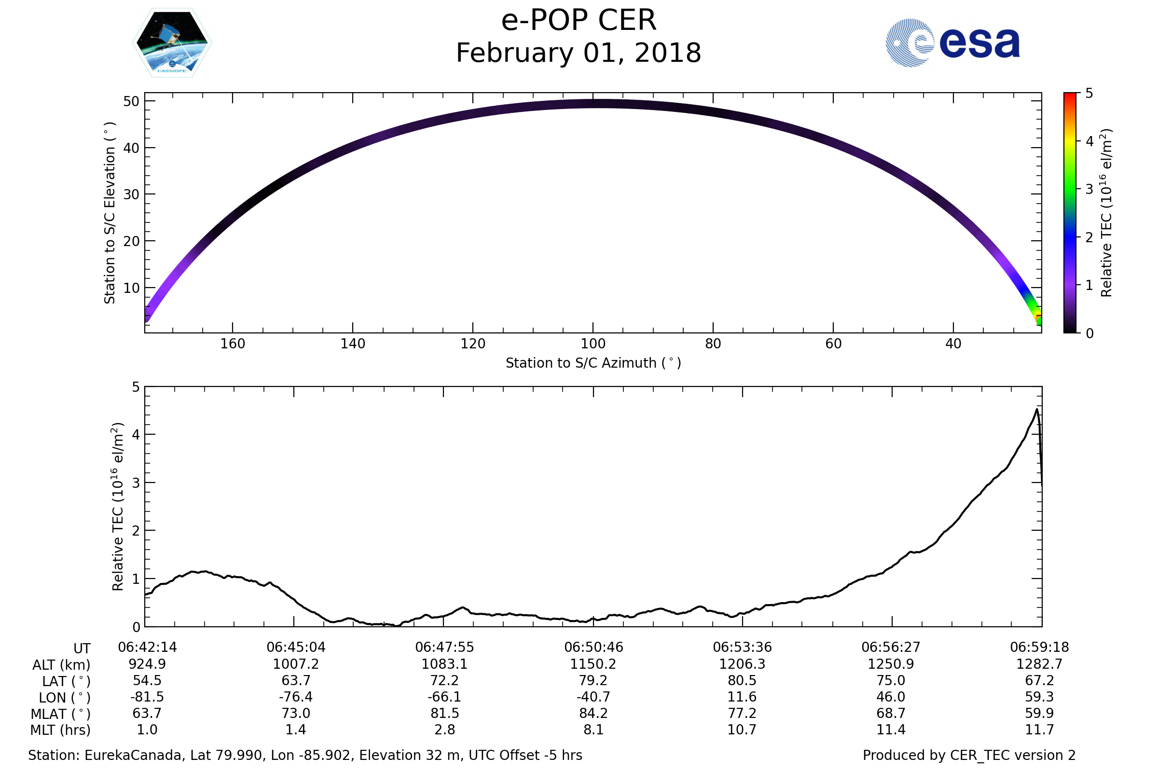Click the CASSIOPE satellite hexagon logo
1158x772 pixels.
coord(172,43)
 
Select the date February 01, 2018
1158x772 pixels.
coord(579,53)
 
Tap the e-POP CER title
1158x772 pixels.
coord(579,21)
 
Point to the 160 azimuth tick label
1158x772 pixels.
coord(233,344)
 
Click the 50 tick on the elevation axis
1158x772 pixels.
coord(131,101)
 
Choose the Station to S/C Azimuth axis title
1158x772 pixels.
coord(593,363)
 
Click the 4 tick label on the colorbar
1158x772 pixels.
coord(1089,141)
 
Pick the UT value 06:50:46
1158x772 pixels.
coord(594,647)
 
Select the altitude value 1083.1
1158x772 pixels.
coord(444,664)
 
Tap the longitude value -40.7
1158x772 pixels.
coord(593,697)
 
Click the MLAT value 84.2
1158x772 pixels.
coord(594,713)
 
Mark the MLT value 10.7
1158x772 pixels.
coord(742,730)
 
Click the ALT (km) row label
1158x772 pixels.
coord(62,665)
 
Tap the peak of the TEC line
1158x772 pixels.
coord(1037,409)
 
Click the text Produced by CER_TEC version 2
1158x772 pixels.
coord(969,755)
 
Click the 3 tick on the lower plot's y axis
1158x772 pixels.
coord(136,482)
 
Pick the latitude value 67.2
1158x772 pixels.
coord(1039,680)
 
